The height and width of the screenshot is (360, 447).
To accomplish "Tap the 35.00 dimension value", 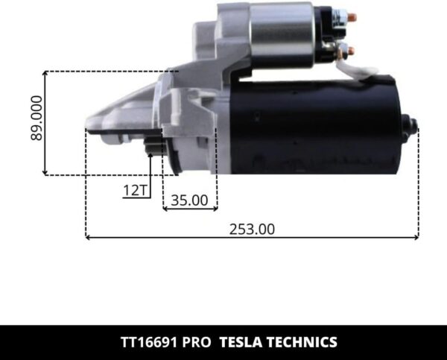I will [188, 200].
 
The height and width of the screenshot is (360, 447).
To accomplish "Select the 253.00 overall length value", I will [252, 230].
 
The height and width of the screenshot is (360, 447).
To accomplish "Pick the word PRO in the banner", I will [195, 343].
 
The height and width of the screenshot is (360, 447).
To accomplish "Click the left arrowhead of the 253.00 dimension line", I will [89, 238].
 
